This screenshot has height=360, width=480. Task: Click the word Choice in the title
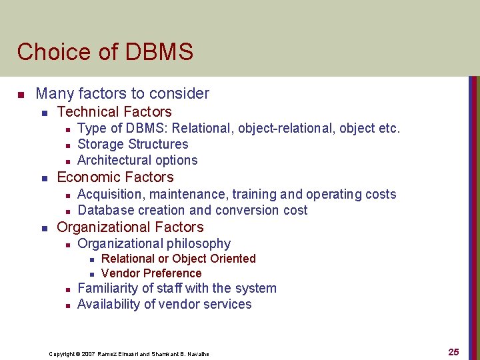click(x=45, y=52)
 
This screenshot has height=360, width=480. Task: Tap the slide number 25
click(x=453, y=352)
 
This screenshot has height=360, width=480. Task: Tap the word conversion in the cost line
click(x=249, y=210)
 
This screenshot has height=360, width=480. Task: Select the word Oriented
click(x=232, y=259)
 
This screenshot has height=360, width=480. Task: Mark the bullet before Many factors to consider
click(x=21, y=94)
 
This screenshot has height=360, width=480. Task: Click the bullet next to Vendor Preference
click(x=91, y=274)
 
